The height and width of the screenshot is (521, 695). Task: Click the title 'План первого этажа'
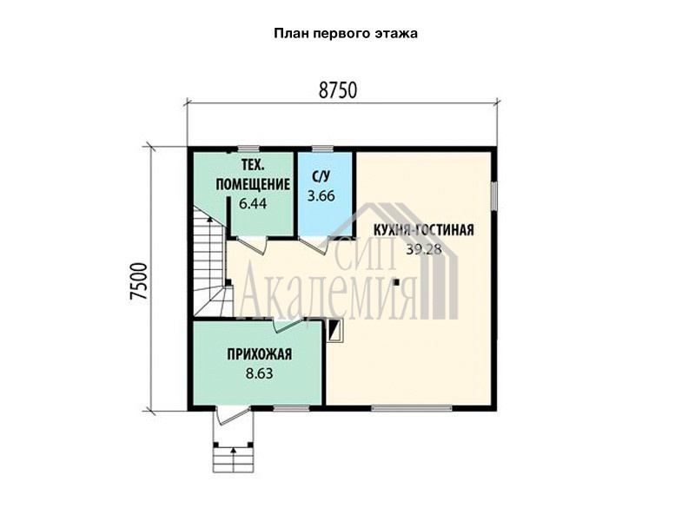click(x=345, y=34)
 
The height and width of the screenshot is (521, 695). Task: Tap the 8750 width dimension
click(x=338, y=90)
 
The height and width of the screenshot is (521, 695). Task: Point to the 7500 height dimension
click(x=139, y=281)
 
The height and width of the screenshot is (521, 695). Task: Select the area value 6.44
click(x=253, y=204)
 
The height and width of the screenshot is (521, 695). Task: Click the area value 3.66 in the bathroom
click(x=321, y=196)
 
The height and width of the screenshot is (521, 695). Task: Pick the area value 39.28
click(x=424, y=249)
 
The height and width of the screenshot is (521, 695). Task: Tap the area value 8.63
click(x=259, y=374)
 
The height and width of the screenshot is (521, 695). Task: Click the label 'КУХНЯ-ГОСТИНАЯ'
click(x=424, y=230)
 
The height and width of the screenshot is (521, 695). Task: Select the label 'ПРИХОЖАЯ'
click(x=259, y=354)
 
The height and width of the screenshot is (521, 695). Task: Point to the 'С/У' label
click(x=321, y=177)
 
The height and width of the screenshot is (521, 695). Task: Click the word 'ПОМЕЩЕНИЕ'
click(x=253, y=184)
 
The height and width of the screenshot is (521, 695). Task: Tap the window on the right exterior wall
click(x=493, y=196)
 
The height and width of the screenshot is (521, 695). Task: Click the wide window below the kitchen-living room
click(x=411, y=408)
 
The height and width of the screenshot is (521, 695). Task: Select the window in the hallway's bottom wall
click(x=291, y=408)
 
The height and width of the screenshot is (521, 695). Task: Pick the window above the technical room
click(x=248, y=148)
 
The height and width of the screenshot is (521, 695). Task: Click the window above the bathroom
click(x=322, y=148)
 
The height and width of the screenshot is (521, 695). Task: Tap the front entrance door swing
click(x=231, y=417)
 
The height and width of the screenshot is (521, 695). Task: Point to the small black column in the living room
click(x=396, y=281)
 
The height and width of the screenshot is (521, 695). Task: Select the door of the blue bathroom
click(x=314, y=246)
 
